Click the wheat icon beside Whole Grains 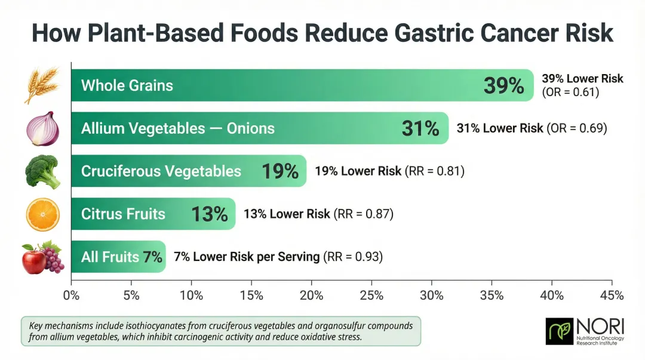[41, 85]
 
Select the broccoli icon [42, 171]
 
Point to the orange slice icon [42, 214]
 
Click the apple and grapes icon [42, 257]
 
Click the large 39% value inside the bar [503, 85]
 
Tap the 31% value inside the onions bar [420, 128]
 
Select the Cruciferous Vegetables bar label [161, 171]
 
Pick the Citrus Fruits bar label [123, 214]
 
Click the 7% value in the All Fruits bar [152, 257]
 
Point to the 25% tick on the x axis [371, 295]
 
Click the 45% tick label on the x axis [612, 295]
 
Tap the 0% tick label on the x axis [71, 295]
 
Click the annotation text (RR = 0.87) [363, 214]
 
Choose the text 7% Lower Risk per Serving [247, 257]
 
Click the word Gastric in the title [416, 33]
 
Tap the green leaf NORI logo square [559, 331]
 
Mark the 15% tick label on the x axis [251, 295]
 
